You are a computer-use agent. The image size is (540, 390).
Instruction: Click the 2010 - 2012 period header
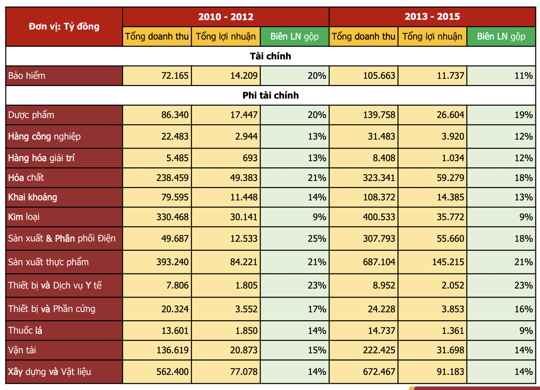tap(226, 17)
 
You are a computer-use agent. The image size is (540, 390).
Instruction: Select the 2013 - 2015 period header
tap(432, 17)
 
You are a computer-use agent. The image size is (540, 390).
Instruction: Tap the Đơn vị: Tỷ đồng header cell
tap(64, 27)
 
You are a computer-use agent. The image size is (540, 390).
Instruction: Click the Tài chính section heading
tap(270, 56)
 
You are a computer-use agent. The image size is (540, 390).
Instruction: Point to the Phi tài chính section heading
tap(270, 95)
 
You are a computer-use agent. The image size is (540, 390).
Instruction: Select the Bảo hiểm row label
tap(27, 76)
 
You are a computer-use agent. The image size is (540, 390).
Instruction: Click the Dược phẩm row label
tap(31, 115)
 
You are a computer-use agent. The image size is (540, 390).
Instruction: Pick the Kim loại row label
tap(24, 217)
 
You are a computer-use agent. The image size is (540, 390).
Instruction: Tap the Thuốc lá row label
tap(25, 331)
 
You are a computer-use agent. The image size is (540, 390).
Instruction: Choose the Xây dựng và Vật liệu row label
tap(50, 372)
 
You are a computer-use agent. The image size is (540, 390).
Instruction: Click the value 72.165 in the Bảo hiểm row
tap(175, 76)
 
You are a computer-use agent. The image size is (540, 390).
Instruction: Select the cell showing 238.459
tap(172, 178)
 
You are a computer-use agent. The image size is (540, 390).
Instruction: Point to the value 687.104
tap(379, 262)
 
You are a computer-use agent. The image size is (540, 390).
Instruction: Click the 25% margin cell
tap(317, 239)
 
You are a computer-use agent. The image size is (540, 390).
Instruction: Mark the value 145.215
tap(448, 262)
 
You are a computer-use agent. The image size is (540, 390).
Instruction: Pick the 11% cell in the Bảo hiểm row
tap(523, 76)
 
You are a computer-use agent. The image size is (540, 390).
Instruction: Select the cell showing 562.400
tap(172, 372)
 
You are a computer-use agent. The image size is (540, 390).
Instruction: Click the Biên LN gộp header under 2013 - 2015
tap(501, 37)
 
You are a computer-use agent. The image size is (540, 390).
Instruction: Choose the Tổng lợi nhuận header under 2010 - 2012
tap(226, 37)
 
